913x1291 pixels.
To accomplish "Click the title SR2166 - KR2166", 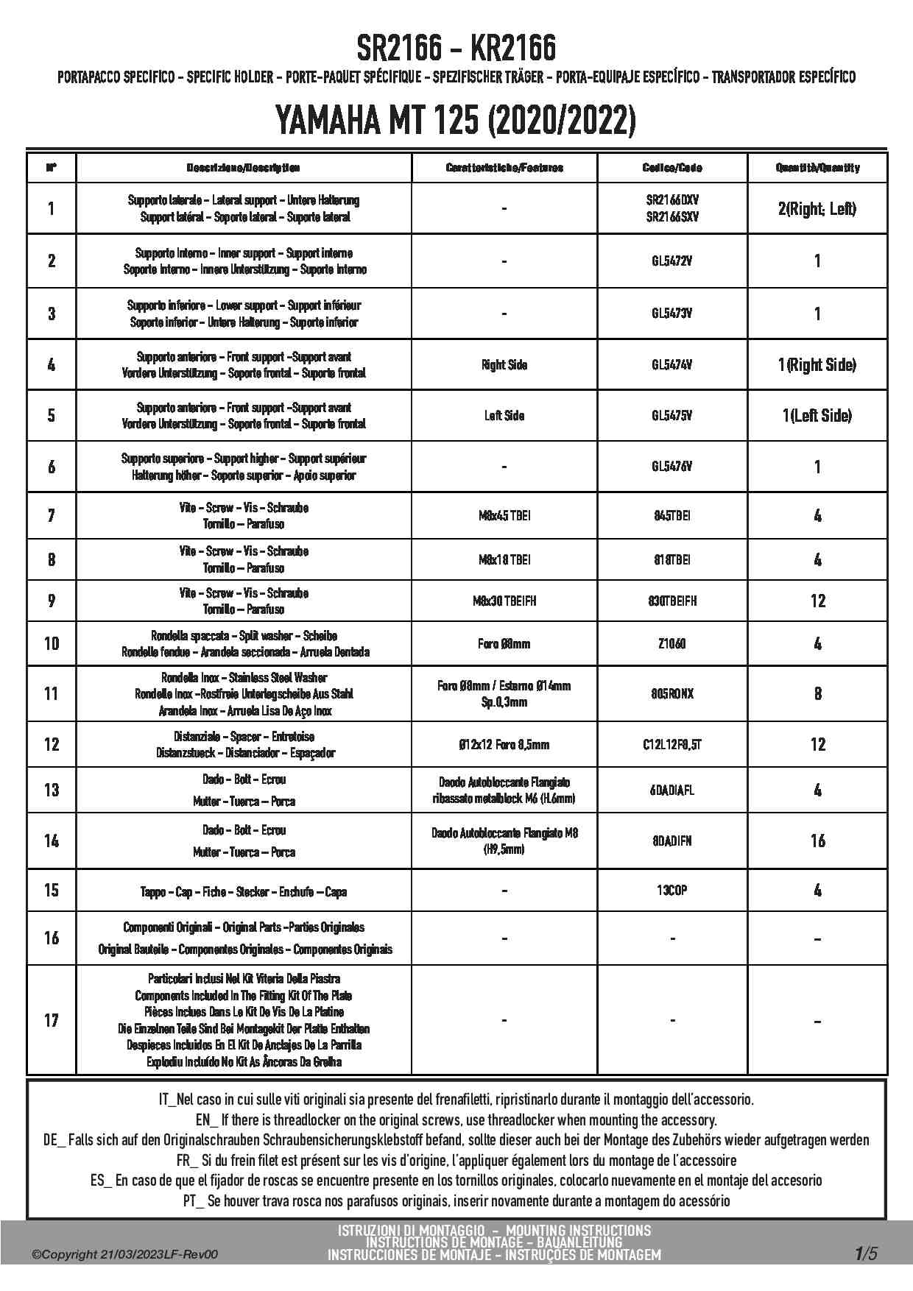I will pos(456,49).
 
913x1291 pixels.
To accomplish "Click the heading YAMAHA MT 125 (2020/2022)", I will pos(456,120).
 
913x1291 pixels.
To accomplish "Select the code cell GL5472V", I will pos(671,261).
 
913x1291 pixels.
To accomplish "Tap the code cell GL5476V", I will pos(671,467).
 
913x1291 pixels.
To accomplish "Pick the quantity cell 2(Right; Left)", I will pos(817,209).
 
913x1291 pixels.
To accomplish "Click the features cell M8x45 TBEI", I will pos(504,516).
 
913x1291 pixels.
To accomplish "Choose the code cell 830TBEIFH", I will pos(671,601).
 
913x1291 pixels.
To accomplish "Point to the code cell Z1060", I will pos(671,644).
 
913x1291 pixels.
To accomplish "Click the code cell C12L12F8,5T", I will pos(671,745).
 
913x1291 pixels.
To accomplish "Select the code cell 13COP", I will pos(671,891).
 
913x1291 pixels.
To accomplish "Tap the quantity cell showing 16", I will pos(817,841).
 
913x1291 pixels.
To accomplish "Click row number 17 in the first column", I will pos(51,1020).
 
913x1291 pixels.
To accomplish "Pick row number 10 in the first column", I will pos(51,644).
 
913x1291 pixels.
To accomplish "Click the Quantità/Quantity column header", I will pos(817,168).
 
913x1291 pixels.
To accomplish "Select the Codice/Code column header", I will pos(671,168).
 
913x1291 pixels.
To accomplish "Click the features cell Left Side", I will pos(504,416).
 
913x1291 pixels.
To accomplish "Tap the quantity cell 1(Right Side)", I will pos(817,365).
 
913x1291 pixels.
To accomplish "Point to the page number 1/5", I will pos(866,1253).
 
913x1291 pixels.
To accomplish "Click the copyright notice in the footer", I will pos(125,1255).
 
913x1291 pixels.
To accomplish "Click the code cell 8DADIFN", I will pos(671,841).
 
